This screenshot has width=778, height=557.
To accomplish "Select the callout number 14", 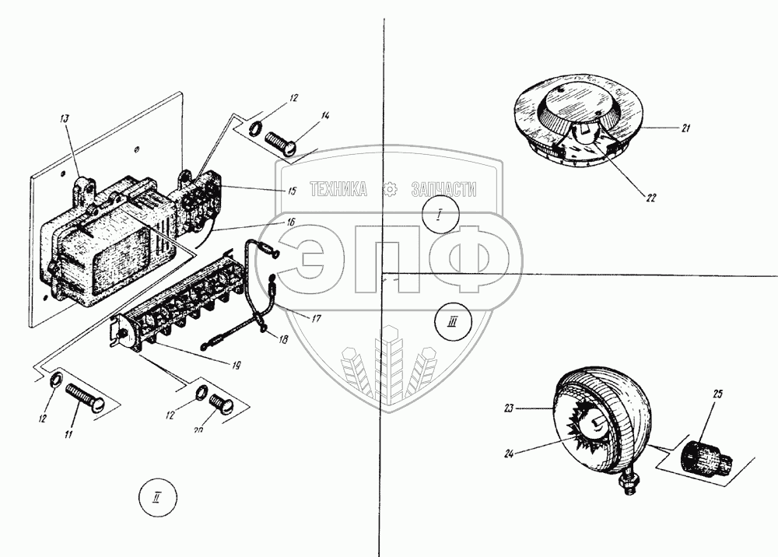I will (325, 116).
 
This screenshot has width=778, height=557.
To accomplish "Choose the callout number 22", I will (650, 198).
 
